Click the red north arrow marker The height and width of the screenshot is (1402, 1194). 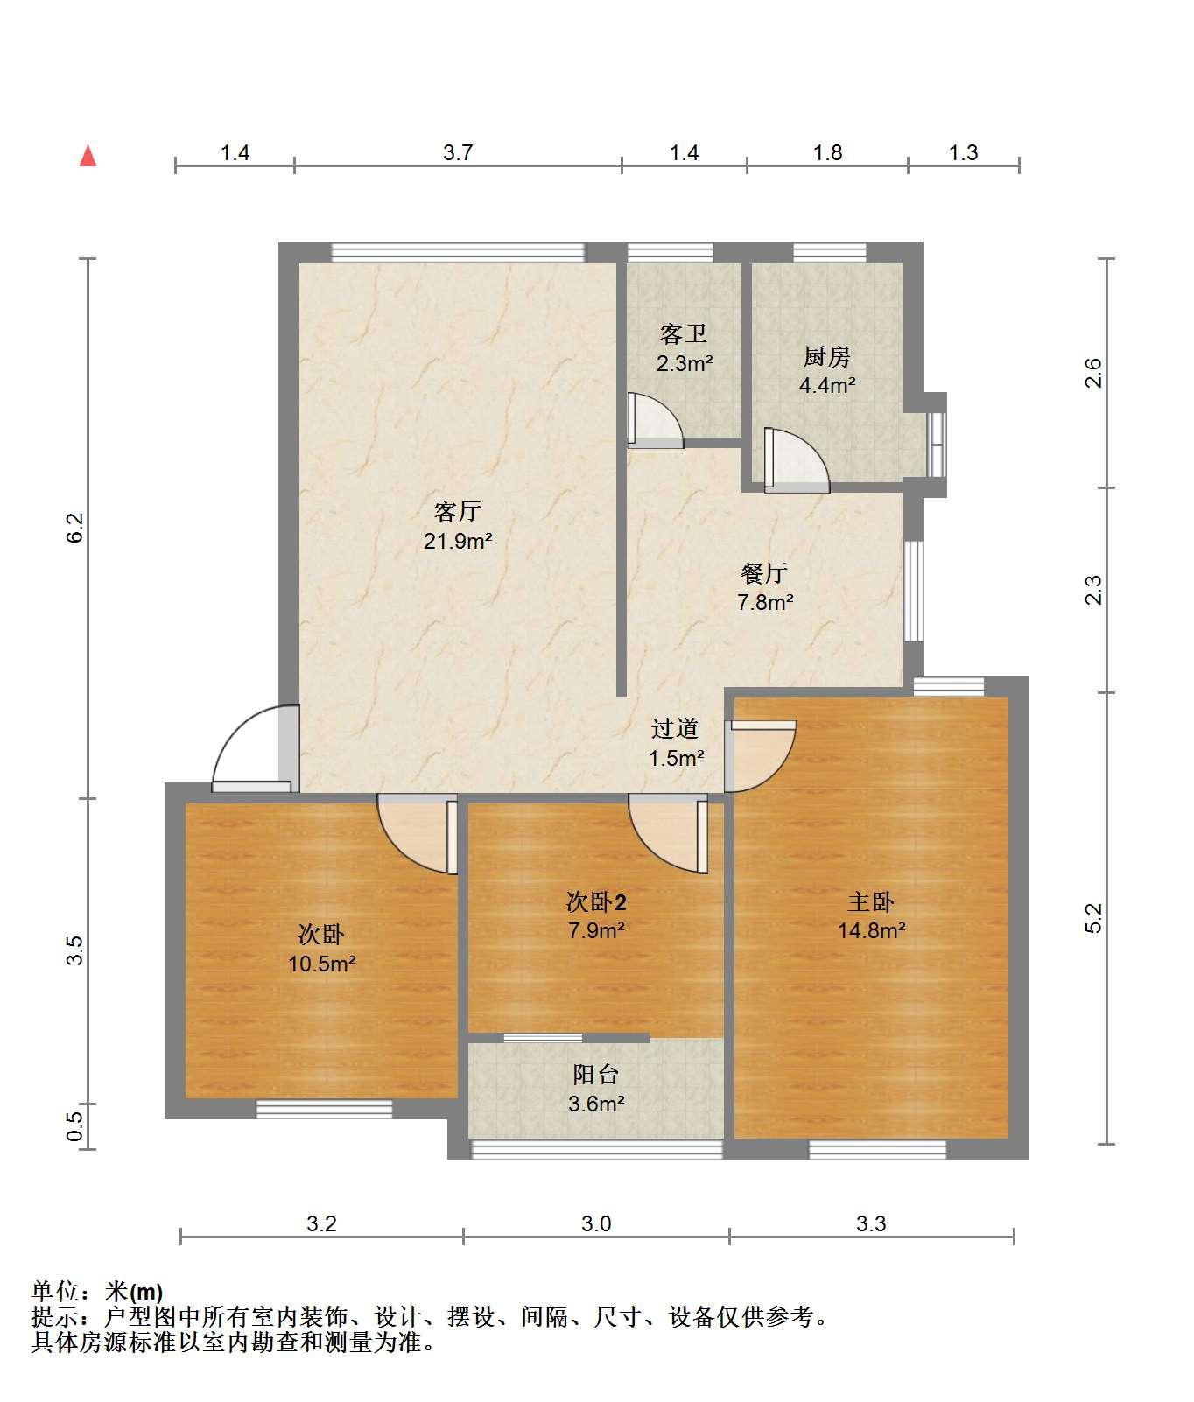click(88, 156)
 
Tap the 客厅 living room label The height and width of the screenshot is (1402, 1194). click(458, 510)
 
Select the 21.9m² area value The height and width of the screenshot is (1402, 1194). click(458, 541)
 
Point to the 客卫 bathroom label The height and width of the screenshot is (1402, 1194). click(684, 333)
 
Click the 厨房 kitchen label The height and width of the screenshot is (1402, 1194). click(826, 356)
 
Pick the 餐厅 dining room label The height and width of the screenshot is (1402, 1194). click(764, 573)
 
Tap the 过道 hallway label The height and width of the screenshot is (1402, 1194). click(675, 728)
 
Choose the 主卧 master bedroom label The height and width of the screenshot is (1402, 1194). click(871, 901)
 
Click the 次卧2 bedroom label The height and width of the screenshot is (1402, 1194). click(596, 901)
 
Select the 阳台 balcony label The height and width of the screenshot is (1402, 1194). click(596, 1074)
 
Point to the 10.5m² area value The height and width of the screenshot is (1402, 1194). click(321, 964)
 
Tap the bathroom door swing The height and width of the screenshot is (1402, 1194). click(656, 420)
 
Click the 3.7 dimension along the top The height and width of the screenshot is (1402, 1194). click(458, 153)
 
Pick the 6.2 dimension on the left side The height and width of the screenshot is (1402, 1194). click(75, 528)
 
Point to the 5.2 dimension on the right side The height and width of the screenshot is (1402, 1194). click(1094, 918)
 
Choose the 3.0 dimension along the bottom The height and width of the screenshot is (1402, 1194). click(596, 1223)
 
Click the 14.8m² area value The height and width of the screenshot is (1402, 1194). click(871, 930)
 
